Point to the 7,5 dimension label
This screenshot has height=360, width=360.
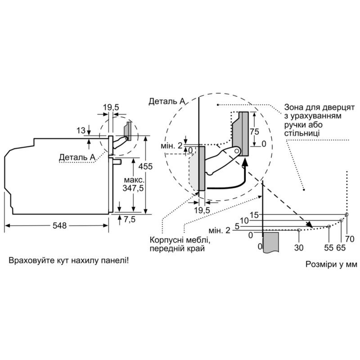pyautogui.click(x=130, y=220)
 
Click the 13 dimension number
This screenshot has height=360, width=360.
pyautogui.click(x=81, y=131)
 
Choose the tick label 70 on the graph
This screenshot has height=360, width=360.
pyautogui.click(x=350, y=238)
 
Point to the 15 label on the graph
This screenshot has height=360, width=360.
pyautogui.click(x=254, y=215)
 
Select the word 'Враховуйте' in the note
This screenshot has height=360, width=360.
pyautogui.click(x=29, y=261)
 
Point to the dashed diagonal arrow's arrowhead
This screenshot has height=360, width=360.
pyautogui.click(x=310, y=225)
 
